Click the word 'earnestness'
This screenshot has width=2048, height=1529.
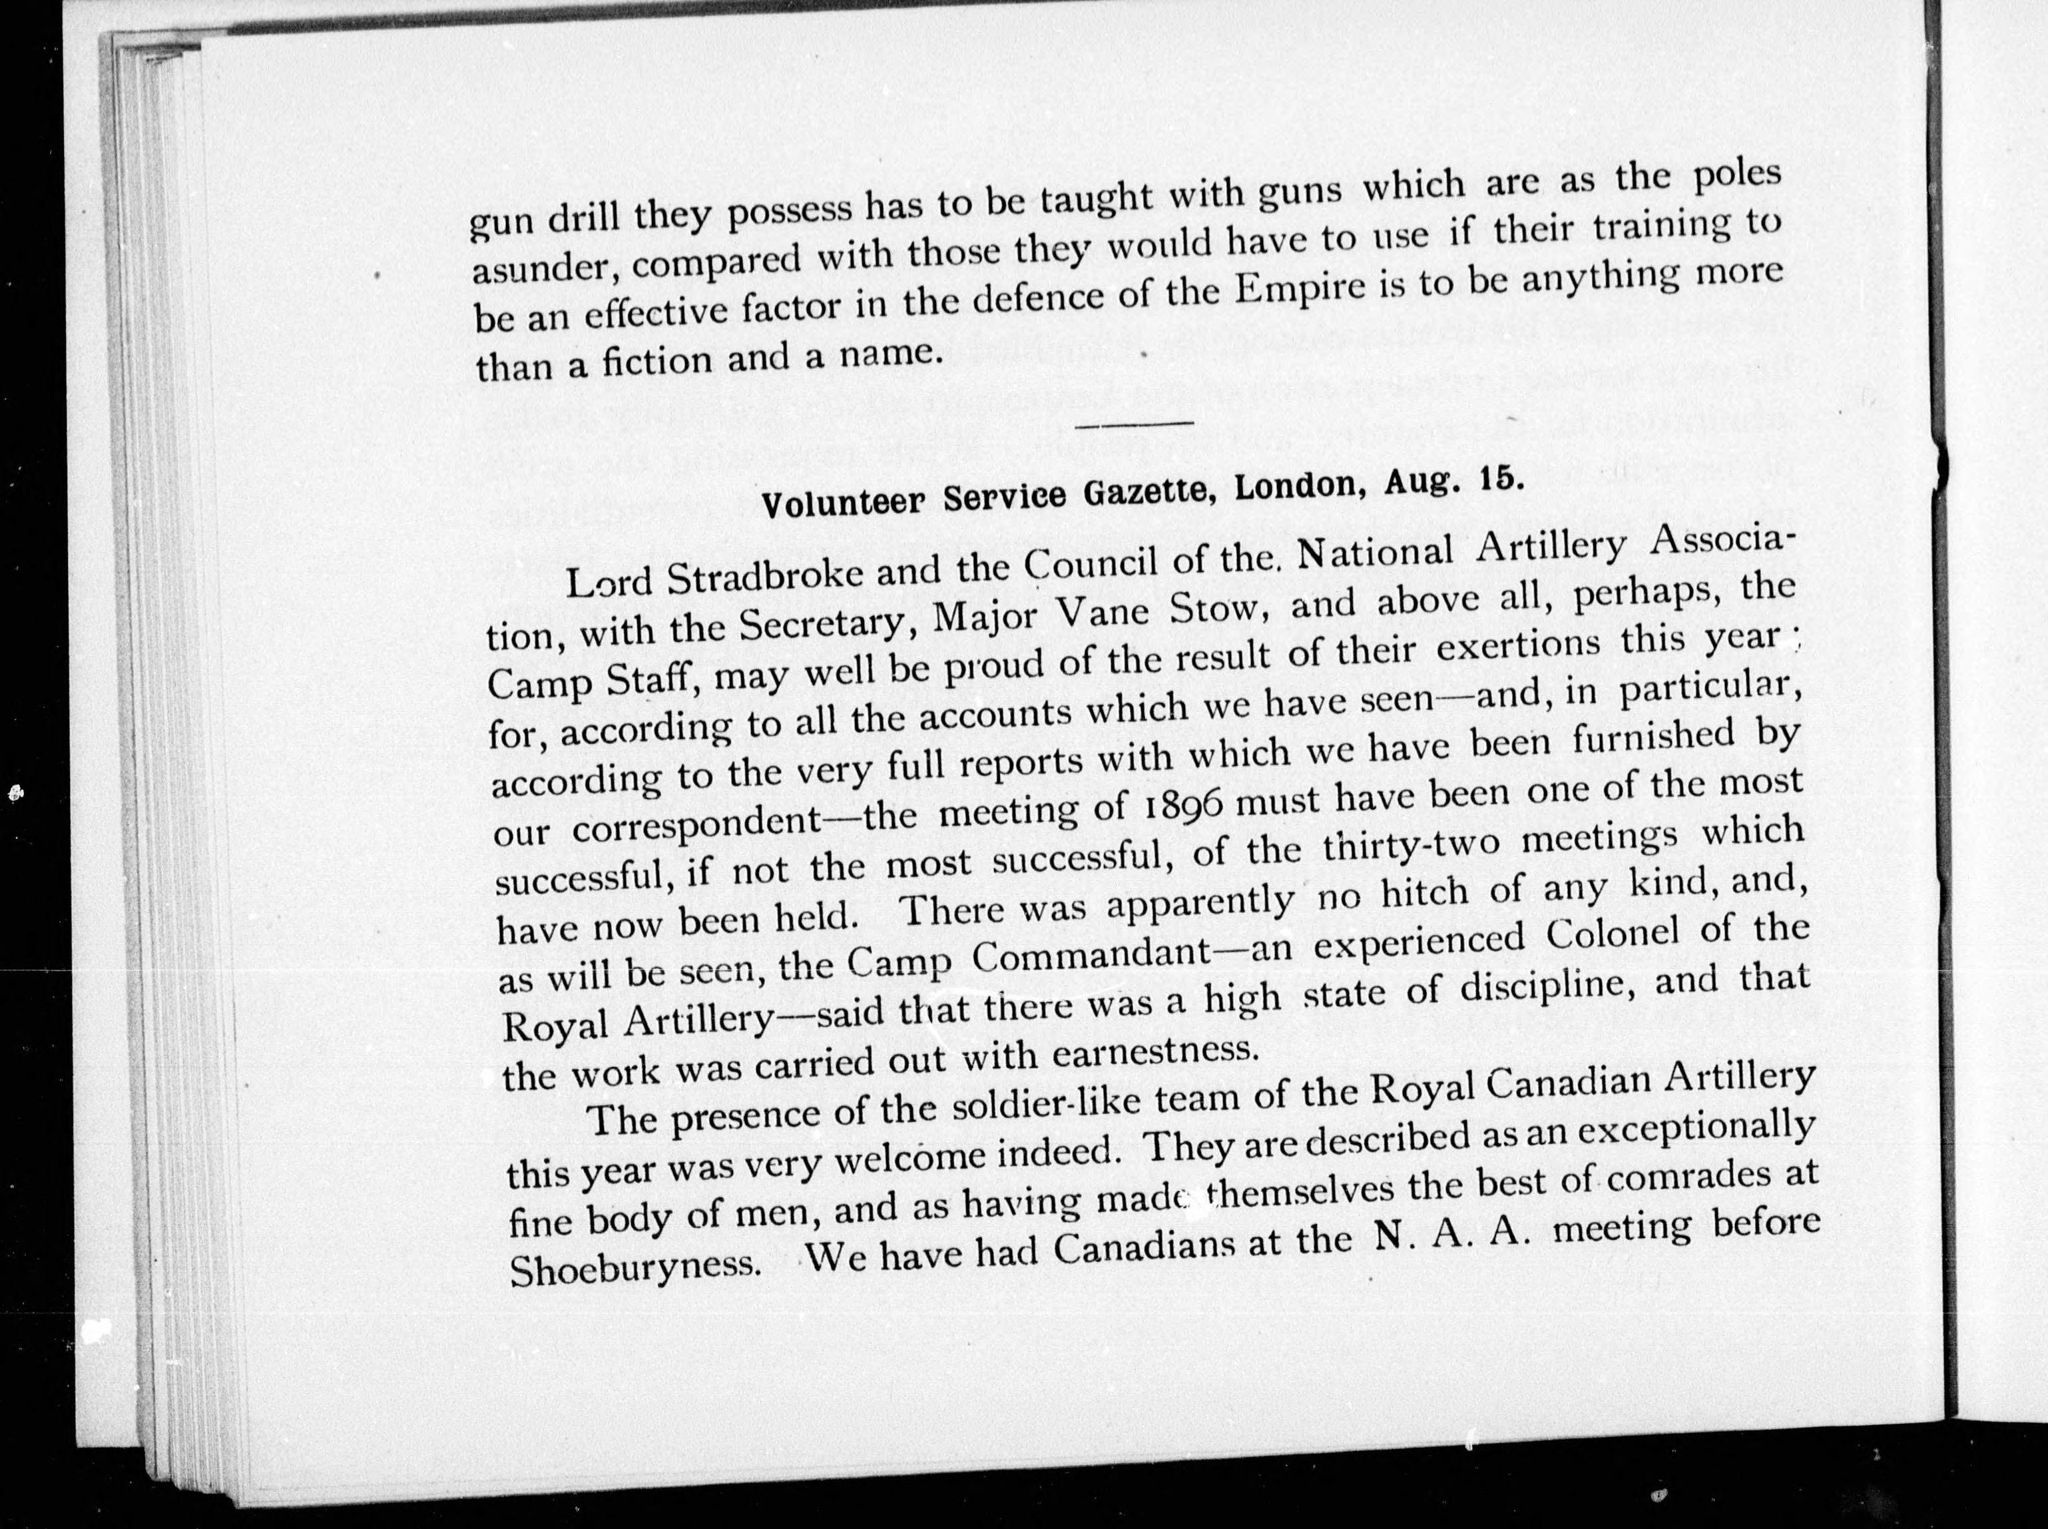point(1156,1052)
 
